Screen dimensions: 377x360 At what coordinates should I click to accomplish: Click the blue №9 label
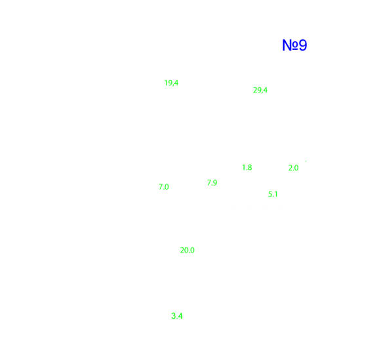[x=294, y=45]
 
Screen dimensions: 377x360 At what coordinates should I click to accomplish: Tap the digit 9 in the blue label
[x=303, y=45]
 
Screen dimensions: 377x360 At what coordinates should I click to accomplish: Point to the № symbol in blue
[x=290, y=45]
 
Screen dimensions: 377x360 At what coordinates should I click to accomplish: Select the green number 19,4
[x=171, y=83]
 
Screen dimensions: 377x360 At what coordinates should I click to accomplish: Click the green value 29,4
[x=260, y=90]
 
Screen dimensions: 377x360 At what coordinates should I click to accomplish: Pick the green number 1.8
[x=247, y=167]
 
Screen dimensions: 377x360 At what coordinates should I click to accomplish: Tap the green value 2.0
[x=293, y=168]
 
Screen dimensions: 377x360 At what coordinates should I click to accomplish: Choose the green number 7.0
[x=164, y=187]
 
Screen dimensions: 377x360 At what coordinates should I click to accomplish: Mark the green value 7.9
[x=212, y=183]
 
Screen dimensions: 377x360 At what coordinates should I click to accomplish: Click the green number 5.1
[x=273, y=194]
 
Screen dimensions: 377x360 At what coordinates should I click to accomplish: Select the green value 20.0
[x=188, y=250]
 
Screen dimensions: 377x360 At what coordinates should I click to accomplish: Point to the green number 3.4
[x=177, y=316]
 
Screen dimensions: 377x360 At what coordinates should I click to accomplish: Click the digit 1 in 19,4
[x=166, y=83]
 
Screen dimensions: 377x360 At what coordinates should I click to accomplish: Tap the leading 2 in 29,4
[x=255, y=90]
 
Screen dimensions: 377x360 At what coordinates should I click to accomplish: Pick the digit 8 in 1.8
[x=250, y=167]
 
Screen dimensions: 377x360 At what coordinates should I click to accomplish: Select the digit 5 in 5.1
[x=270, y=194]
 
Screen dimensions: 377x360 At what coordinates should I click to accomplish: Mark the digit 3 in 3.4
[x=174, y=316]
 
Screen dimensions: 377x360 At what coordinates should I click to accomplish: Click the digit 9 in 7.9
[x=215, y=183]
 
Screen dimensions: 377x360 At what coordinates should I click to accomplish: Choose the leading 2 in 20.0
[x=182, y=250]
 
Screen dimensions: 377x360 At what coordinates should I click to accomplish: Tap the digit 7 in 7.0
[x=161, y=187]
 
